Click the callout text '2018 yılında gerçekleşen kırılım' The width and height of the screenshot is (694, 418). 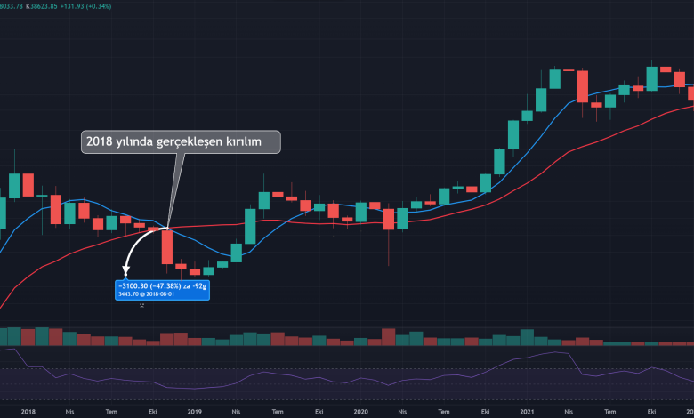click(173, 141)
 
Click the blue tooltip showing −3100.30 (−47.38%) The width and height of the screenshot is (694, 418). click(162, 289)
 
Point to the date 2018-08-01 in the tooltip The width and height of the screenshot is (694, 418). click(164, 293)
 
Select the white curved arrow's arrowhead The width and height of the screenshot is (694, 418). click(125, 271)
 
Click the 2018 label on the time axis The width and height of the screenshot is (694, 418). click(28, 412)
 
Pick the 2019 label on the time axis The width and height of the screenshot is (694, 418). click(195, 412)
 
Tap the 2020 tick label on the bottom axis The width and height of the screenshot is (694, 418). click(360, 412)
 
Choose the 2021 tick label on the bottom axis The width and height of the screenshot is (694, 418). click(527, 412)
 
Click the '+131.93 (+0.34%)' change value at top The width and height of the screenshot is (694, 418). click(87, 5)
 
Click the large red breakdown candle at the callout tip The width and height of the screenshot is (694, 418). click(166, 246)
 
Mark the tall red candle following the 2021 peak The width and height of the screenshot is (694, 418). click(583, 86)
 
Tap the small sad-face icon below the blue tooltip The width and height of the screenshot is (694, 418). click(141, 305)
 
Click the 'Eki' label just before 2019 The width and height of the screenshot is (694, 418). click(153, 412)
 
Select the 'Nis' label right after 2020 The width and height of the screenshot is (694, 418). click(401, 412)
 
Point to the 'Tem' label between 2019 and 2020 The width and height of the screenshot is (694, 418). click(278, 412)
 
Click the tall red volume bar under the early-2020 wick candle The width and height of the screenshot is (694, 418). click(388, 336)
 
